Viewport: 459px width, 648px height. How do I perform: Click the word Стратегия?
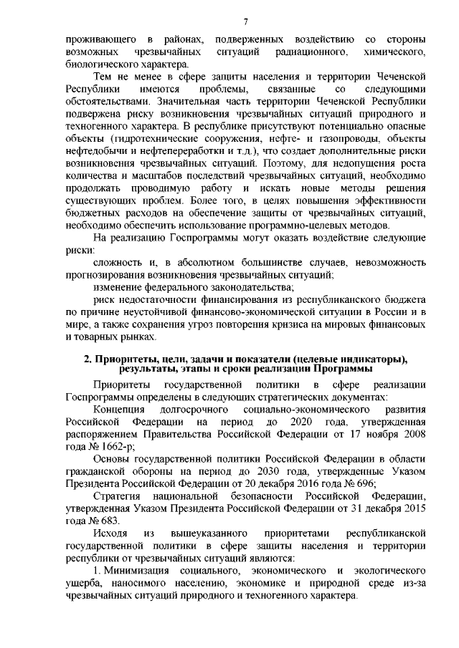(x=117, y=496)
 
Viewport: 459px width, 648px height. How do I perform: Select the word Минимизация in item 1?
(x=136, y=571)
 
